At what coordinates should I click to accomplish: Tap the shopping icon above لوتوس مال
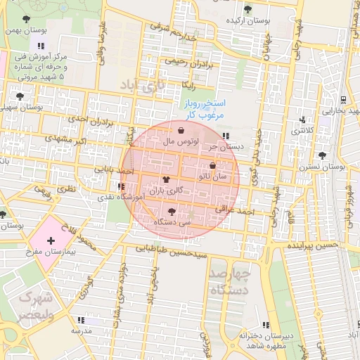181,130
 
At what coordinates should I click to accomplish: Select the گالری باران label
166,191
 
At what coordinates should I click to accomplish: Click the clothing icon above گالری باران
166,180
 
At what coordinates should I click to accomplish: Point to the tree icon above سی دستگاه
173,210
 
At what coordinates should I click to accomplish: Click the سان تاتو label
213,176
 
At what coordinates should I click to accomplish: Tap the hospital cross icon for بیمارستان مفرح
51,240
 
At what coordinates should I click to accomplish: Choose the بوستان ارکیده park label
247,20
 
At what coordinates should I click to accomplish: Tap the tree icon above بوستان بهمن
26,19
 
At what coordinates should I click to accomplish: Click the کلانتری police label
302,130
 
